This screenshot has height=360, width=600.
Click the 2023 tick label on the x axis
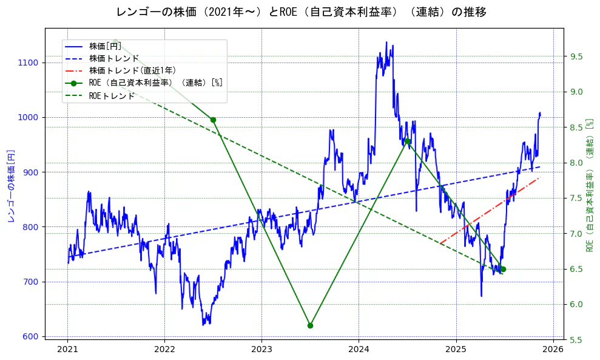(x=261, y=350)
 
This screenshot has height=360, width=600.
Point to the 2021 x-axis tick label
(x=67, y=350)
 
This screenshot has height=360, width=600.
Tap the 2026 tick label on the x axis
(x=553, y=350)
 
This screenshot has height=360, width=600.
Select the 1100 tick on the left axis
(x=29, y=63)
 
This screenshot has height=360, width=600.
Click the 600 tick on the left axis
(x=31, y=336)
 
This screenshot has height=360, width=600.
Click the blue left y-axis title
(x=10, y=186)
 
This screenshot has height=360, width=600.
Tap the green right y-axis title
(x=590, y=186)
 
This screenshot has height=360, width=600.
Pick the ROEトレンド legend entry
(x=112, y=96)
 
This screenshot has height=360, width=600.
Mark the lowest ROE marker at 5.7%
(x=310, y=325)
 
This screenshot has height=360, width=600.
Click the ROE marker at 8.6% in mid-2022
(x=213, y=120)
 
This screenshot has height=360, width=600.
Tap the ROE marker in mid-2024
(x=408, y=141)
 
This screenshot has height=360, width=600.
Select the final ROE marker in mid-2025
(x=503, y=269)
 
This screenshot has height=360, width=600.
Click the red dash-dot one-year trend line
(x=485, y=213)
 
